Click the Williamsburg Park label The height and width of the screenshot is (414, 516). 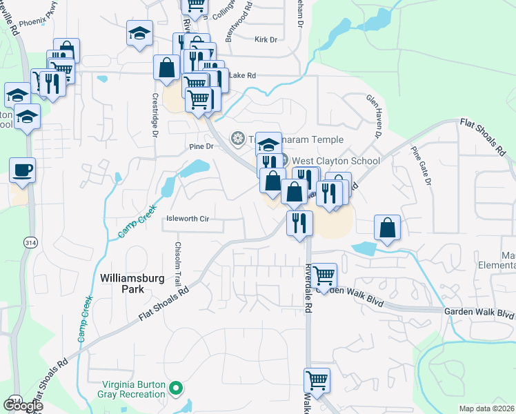pyautogui.click(x=123, y=284)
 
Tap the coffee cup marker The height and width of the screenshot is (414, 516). pyautogui.click(x=22, y=170)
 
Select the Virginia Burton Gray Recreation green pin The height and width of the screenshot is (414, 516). pyautogui.click(x=175, y=389)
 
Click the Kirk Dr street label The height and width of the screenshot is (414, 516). pyautogui.click(x=266, y=40)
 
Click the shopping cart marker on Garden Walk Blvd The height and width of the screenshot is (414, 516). pyautogui.click(x=324, y=275)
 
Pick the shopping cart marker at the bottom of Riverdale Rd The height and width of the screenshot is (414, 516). pyautogui.click(x=317, y=380)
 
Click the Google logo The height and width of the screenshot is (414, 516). pyautogui.click(x=23, y=406)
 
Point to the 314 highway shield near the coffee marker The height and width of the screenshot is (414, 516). pyautogui.click(x=30, y=243)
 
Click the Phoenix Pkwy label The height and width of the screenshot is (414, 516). pyautogui.click(x=38, y=22)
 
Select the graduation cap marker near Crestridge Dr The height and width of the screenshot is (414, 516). pyautogui.click(x=139, y=32)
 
